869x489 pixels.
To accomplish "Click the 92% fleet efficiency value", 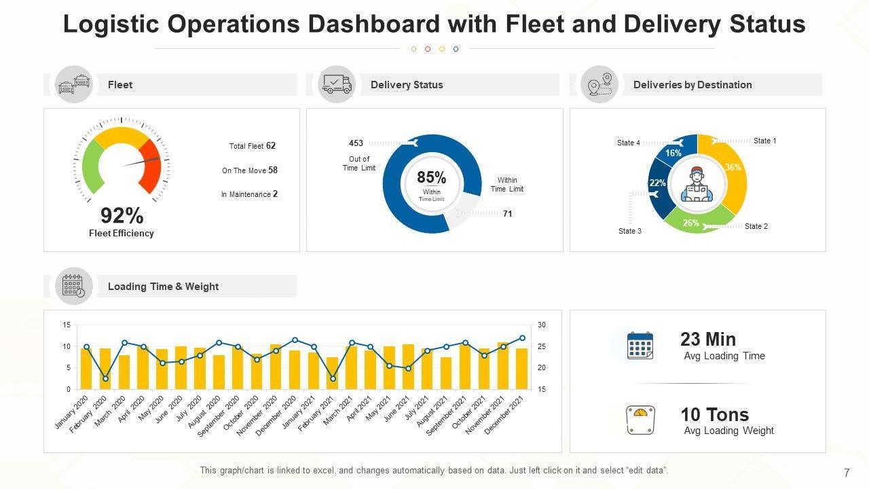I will click(x=122, y=216).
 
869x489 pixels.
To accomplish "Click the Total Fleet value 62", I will click(x=271, y=146).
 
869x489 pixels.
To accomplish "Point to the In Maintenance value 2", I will click(x=276, y=194).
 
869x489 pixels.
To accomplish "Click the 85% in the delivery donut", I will click(x=432, y=178).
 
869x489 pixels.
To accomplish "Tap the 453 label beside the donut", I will click(x=356, y=143).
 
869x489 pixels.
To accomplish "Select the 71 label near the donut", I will click(x=508, y=214).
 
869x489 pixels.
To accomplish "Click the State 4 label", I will click(x=629, y=143).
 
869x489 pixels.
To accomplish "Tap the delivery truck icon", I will click(x=337, y=84).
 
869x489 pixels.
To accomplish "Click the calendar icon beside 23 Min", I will click(x=640, y=346).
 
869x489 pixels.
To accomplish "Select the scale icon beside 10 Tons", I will click(x=640, y=420).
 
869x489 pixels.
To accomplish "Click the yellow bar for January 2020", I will click(x=86, y=369).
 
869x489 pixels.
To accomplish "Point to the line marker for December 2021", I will click(x=522, y=338).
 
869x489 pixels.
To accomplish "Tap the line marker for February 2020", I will click(x=105, y=378).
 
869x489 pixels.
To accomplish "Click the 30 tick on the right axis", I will click(x=541, y=325).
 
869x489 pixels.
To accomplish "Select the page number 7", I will click(x=847, y=473).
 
